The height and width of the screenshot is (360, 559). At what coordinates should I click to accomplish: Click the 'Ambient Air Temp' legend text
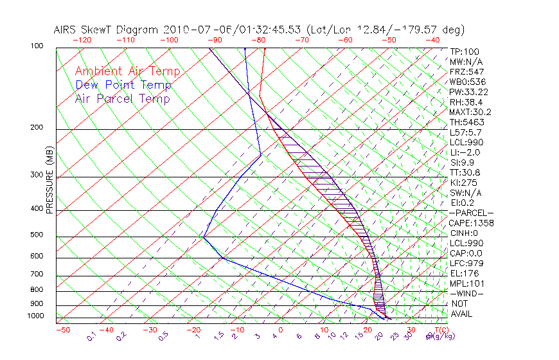[x=127, y=71]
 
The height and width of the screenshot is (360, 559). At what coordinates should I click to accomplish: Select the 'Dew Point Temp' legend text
[x=123, y=85]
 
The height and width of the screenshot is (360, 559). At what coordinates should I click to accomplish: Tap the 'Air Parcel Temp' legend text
[x=122, y=98]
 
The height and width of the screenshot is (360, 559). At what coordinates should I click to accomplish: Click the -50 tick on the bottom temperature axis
[x=63, y=330]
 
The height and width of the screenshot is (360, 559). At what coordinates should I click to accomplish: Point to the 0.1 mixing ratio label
[x=91, y=336]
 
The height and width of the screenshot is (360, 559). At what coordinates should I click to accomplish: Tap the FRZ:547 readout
[x=465, y=71]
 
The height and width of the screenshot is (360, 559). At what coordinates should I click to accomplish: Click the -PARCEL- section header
[x=471, y=213]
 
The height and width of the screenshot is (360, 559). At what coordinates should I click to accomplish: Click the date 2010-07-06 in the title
[x=191, y=30]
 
